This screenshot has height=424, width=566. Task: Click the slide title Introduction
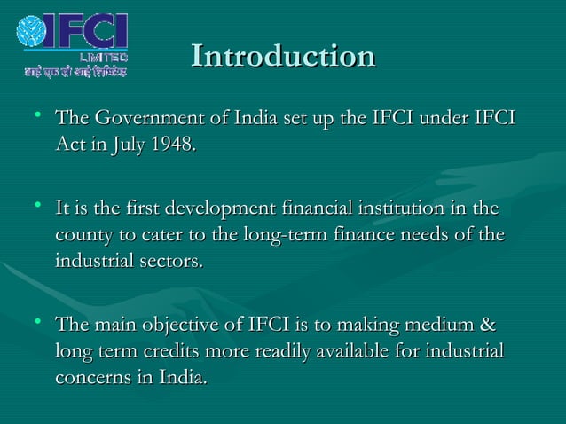[283, 56]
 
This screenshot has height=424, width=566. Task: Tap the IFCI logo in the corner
[73, 35]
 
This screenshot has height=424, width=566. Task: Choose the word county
[83, 237]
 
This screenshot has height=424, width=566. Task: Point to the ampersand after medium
[487, 326]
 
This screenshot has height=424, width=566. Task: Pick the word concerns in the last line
[90, 377]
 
